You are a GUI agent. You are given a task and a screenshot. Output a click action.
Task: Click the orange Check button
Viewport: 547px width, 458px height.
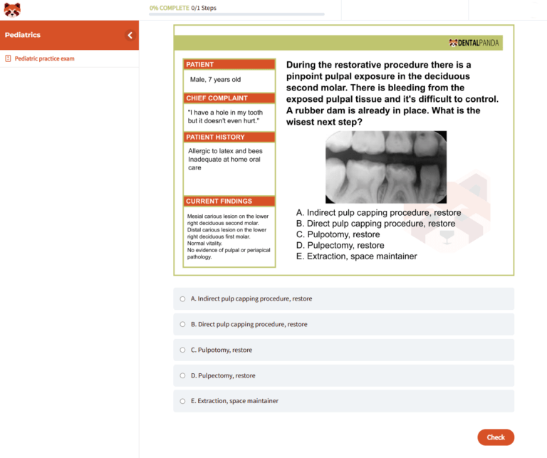(496, 437)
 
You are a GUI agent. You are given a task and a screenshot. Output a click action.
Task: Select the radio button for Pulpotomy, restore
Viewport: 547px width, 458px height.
(182, 350)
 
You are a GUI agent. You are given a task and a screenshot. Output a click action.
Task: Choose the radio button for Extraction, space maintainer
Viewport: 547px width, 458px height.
(182, 401)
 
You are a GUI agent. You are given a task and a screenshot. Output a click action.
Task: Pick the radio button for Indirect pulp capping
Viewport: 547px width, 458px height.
(182, 298)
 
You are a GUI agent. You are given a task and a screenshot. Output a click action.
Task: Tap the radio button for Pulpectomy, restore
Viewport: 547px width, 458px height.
(182, 375)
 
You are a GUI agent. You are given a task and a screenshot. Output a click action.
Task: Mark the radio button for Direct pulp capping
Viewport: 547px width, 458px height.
(182, 324)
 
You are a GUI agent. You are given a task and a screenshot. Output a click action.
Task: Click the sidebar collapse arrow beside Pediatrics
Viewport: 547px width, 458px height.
(130, 35)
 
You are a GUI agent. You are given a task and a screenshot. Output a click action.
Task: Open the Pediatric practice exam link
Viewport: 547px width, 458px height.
(44, 58)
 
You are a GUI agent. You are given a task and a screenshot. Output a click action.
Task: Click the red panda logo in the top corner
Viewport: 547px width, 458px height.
(12, 10)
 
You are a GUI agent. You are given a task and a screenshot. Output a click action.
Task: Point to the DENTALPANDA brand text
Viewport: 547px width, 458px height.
(478, 43)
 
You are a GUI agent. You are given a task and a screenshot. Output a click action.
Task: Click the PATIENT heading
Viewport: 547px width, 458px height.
(199, 65)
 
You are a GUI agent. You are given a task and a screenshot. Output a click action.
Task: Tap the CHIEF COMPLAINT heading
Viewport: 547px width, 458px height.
(217, 98)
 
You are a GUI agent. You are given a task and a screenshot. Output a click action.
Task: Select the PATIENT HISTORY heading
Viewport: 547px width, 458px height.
(215, 137)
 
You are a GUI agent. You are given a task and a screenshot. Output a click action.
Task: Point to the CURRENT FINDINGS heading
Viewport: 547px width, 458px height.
(219, 202)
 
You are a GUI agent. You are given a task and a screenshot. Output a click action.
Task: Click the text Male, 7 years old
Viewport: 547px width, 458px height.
(215, 80)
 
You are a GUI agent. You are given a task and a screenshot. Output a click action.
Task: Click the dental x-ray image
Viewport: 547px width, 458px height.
(386, 167)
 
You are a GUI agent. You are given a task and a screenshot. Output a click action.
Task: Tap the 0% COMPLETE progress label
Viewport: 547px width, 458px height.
(170, 8)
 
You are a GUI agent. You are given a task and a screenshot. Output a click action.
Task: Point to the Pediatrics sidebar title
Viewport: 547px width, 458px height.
(23, 35)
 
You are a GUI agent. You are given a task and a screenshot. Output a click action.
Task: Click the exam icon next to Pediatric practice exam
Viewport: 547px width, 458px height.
(8, 58)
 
